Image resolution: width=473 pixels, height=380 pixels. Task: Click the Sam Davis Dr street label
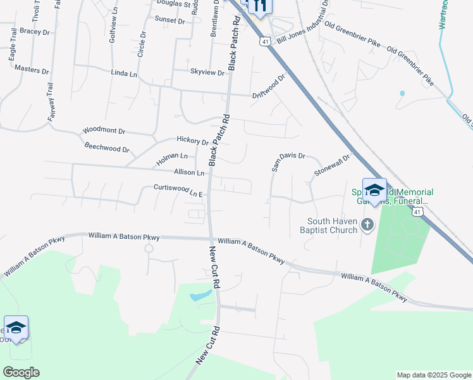click(x=288, y=163)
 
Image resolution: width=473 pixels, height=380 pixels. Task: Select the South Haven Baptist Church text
click(x=333, y=225)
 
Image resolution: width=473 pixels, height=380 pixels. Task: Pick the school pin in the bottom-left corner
click(x=16, y=327)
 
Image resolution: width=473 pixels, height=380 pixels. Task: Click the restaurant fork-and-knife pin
click(x=259, y=6)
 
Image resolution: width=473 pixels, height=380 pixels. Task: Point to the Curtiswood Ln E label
click(x=178, y=189)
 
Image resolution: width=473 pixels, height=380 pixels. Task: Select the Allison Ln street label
click(x=190, y=172)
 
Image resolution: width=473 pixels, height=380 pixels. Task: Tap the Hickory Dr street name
click(x=193, y=141)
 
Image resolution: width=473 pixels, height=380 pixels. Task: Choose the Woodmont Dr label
click(x=104, y=132)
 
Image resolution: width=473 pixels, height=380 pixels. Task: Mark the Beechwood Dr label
click(x=106, y=148)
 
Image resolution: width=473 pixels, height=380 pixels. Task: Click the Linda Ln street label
click(x=124, y=74)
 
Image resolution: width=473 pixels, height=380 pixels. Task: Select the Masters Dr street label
click(x=31, y=69)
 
